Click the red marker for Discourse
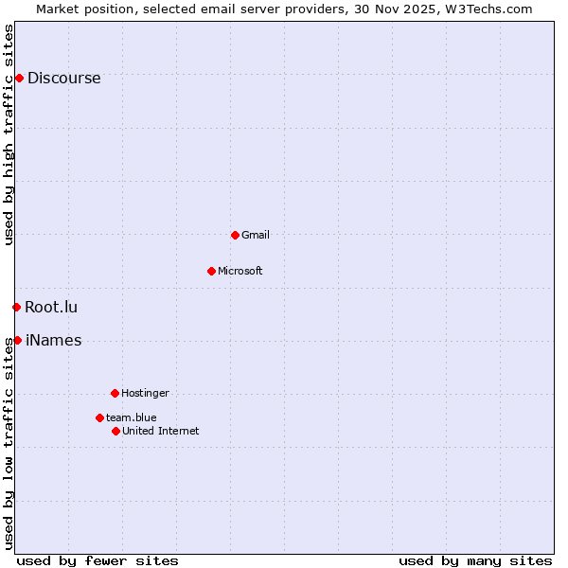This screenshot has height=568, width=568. (x=19, y=78)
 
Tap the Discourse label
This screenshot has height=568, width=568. (x=63, y=79)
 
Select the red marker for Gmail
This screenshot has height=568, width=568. (x=235, y=235)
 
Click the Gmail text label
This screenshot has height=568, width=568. (x=255, y=235)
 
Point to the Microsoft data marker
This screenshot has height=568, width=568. (x=211, y=271)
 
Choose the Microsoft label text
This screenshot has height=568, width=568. (x=240, y=271)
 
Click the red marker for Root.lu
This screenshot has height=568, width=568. (x=16, y=307)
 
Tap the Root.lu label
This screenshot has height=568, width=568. (x=51, y=307)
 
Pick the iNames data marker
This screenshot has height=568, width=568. (x=17, y=340)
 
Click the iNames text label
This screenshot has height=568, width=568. (x=53, y=341)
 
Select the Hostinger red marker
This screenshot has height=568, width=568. (x=115, y=393)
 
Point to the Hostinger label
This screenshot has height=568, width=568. (x=145, y=393)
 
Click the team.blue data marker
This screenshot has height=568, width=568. (x=99, y=417)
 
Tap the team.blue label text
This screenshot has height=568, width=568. (x=131, y=417)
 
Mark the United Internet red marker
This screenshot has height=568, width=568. (x=115, y=431)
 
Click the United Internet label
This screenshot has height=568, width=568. (x=160, y=431)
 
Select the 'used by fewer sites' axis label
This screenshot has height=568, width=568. (x=98, y=560)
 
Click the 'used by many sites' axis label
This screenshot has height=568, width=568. (x=475, y=560)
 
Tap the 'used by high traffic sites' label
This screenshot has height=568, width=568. (x=9, y=134)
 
